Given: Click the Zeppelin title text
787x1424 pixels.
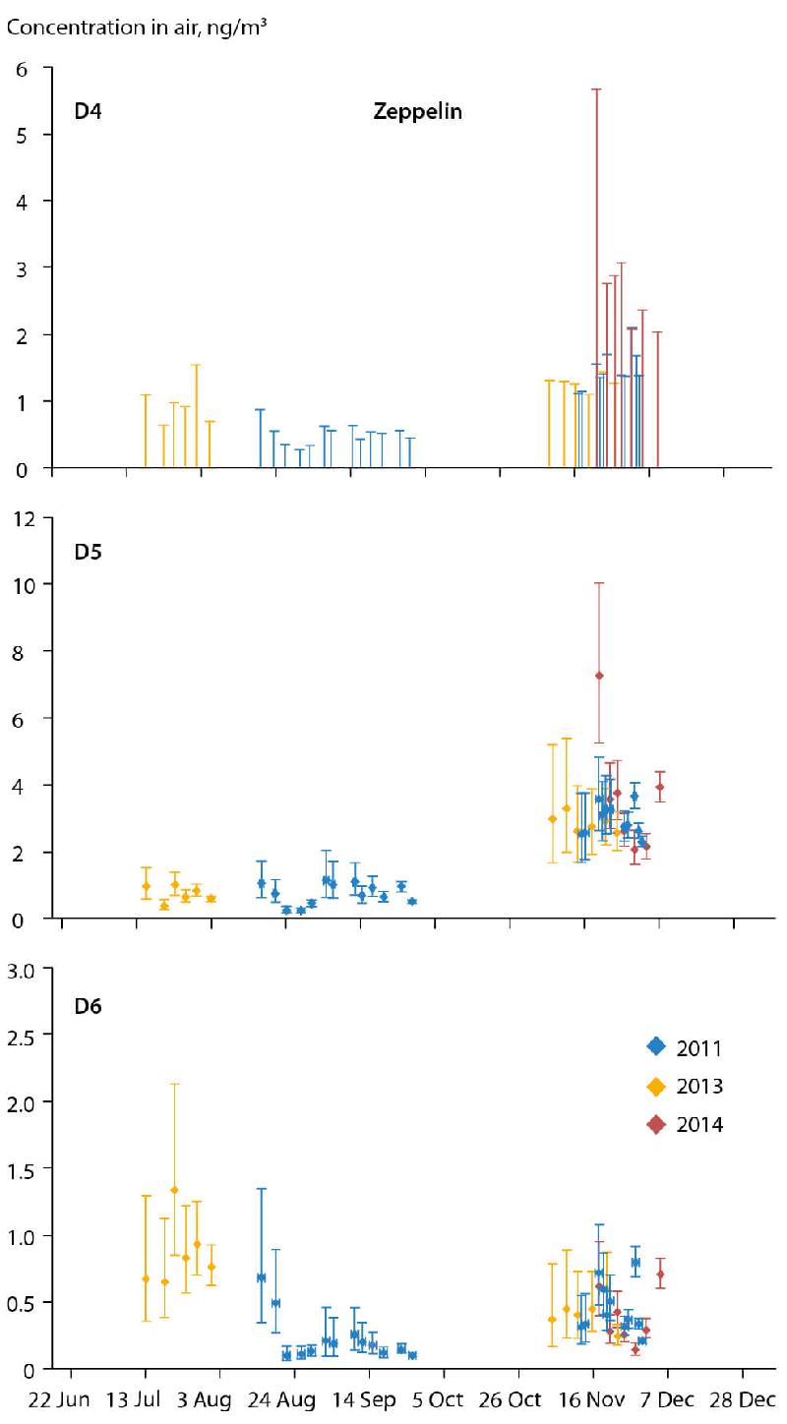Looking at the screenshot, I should (417, 112).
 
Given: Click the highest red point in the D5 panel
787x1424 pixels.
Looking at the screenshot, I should (598, 676).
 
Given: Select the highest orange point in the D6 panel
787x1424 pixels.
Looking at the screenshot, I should (174, 1190).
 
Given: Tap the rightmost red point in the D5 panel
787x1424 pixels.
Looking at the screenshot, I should (660, 787).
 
